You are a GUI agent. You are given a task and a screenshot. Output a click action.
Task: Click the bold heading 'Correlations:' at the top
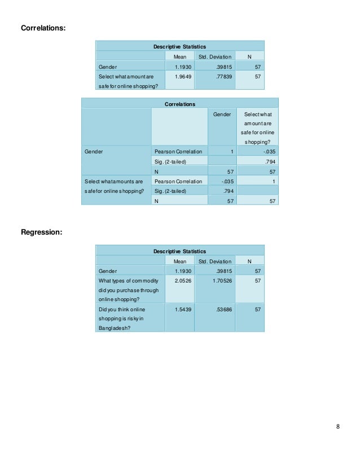(x=43, y=27)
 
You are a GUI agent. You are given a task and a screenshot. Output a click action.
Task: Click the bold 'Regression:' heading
(x=41, y=232)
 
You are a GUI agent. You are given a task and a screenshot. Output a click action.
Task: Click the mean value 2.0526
(x=179, y=280)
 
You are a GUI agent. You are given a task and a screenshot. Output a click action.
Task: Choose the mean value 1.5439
(x=179, y=310)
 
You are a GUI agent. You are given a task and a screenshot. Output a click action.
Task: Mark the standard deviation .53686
(x=215, y=310)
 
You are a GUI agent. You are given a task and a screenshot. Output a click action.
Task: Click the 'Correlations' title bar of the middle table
(x=179, y=104)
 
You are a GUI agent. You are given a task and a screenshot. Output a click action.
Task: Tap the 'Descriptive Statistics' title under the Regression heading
(x=179, y=251)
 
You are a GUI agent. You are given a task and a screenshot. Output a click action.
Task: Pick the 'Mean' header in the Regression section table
(x=179, y=261)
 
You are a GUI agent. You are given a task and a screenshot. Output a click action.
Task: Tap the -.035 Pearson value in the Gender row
(x=268, y=152)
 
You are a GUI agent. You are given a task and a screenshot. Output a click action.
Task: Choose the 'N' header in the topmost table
(x=249, y=57)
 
